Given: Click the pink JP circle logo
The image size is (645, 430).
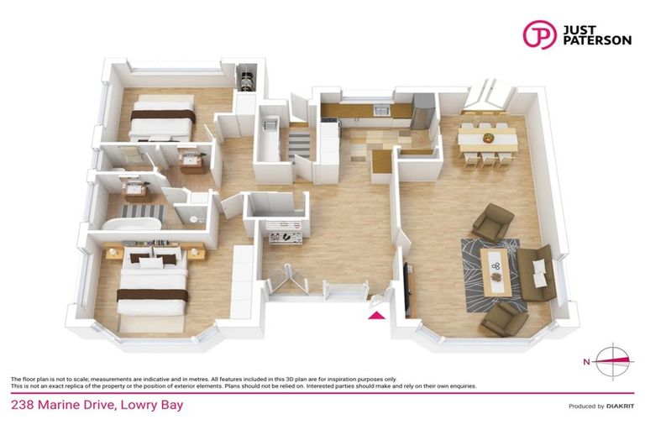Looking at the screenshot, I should [x=540, y=34].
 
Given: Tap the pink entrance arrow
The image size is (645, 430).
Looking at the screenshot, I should [x=377, y=315].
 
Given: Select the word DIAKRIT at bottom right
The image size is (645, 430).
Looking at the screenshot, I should [x=621, y=406].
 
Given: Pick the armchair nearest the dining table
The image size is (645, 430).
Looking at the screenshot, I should [x=491, y=222].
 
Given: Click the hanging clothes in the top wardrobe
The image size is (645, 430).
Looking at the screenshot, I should [x=245, y=81].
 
